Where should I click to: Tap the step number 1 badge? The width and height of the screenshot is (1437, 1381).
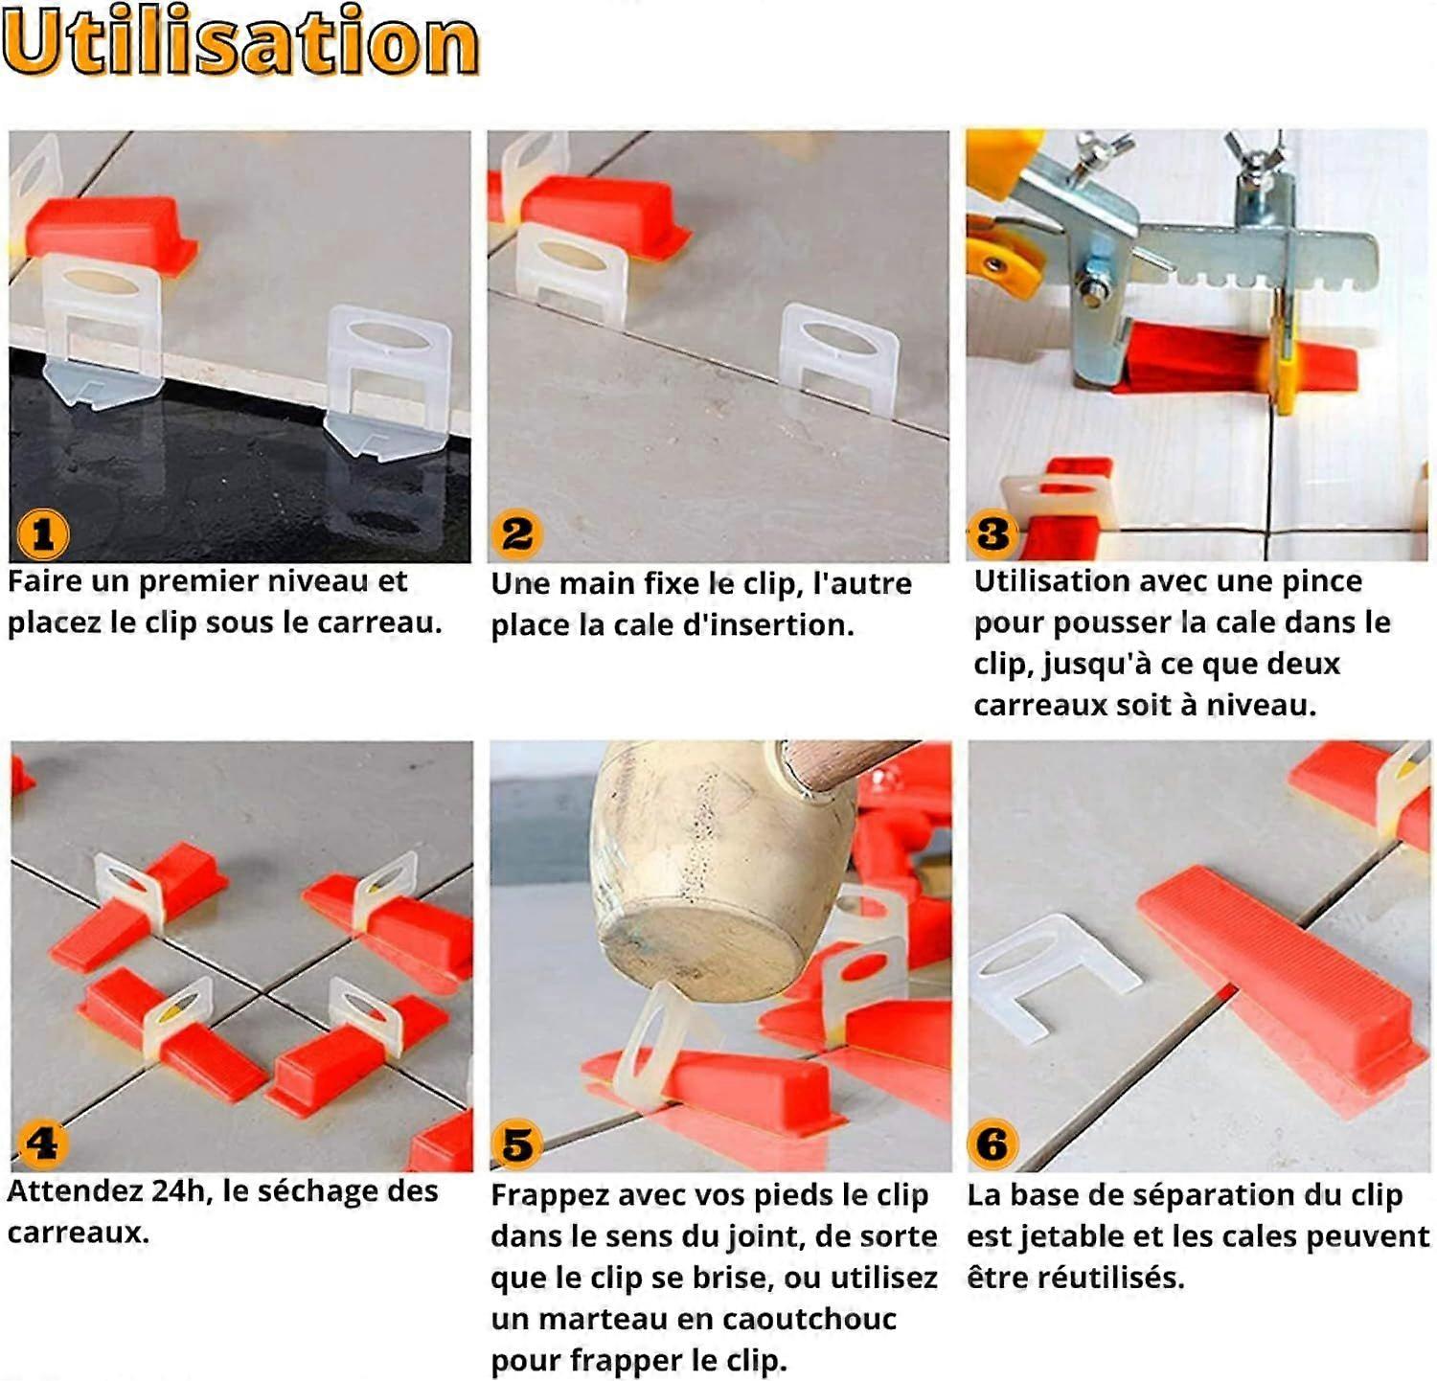43,534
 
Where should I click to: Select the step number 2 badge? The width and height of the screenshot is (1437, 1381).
517,533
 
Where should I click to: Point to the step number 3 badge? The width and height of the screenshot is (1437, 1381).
992,532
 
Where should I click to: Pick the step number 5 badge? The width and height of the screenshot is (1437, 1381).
517,1143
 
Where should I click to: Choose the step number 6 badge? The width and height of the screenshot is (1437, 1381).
992,1143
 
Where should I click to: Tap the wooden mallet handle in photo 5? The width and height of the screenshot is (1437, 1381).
843,761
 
